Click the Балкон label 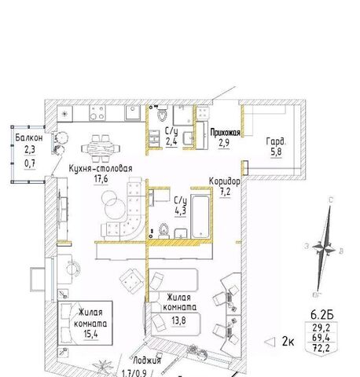coord(29,137)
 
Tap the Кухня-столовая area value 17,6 coord(101,179)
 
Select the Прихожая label coord(226,133)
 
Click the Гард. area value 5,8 coord(277,152)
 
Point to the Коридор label coord(225,181)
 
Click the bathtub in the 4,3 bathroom coord(200,216)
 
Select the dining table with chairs coord(101,148)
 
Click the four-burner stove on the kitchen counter coord(97,113)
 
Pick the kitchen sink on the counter coord(133,112)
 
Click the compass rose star coord(324,248)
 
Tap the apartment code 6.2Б coord(322,314)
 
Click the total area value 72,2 coord(321,348)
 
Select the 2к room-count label coord(288,342)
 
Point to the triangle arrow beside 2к coord(270,342)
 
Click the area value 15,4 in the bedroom coord(90,335)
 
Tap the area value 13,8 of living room coord(179,320)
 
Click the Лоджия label coord(147,361)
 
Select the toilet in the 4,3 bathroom coord(164,230)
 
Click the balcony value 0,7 coord(30,163)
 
